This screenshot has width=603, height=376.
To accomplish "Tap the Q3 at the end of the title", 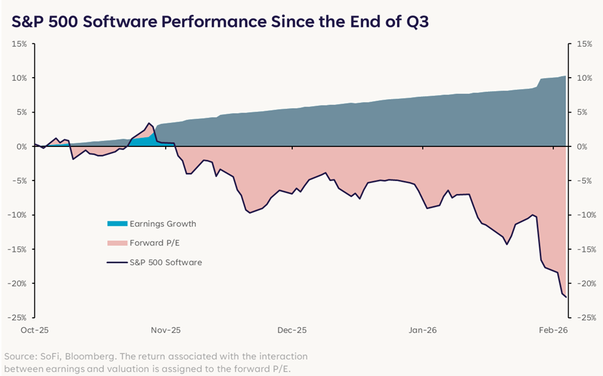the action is click(x=417, y=22).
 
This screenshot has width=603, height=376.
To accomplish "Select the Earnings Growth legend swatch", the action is click(x=117, y=223).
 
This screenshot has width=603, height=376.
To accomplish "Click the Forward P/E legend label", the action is click(x=155, y=243).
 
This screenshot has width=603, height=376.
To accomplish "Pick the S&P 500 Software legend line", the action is click(x=117, y=262).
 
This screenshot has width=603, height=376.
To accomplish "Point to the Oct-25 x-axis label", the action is click(x=34, y=330).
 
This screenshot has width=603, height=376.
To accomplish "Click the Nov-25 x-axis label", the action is click(x=166, y=330).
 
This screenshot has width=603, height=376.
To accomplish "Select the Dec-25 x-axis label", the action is click(x=292, y=330).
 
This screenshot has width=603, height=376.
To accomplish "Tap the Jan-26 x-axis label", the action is click(x=423, y=330).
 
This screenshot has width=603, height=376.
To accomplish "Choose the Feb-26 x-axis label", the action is click(x=553, y=330).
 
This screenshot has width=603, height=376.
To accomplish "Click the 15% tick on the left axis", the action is click(x=19, y=44).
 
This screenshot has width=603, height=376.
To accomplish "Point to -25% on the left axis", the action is click(x=17, y=318).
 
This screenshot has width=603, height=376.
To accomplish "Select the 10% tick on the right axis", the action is click(x=584, y=78).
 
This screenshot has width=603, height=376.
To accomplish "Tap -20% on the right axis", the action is click(x=586, y=283).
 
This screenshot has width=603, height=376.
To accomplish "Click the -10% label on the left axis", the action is click(x=17, y=215).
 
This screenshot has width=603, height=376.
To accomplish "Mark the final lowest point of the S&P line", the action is click(x=566, y=297).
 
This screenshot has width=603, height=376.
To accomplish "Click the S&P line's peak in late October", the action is click(x=148, y=124).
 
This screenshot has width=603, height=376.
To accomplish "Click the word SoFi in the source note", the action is click(x=62, y=357).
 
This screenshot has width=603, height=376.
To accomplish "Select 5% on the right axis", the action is click(x=583, y=112).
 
